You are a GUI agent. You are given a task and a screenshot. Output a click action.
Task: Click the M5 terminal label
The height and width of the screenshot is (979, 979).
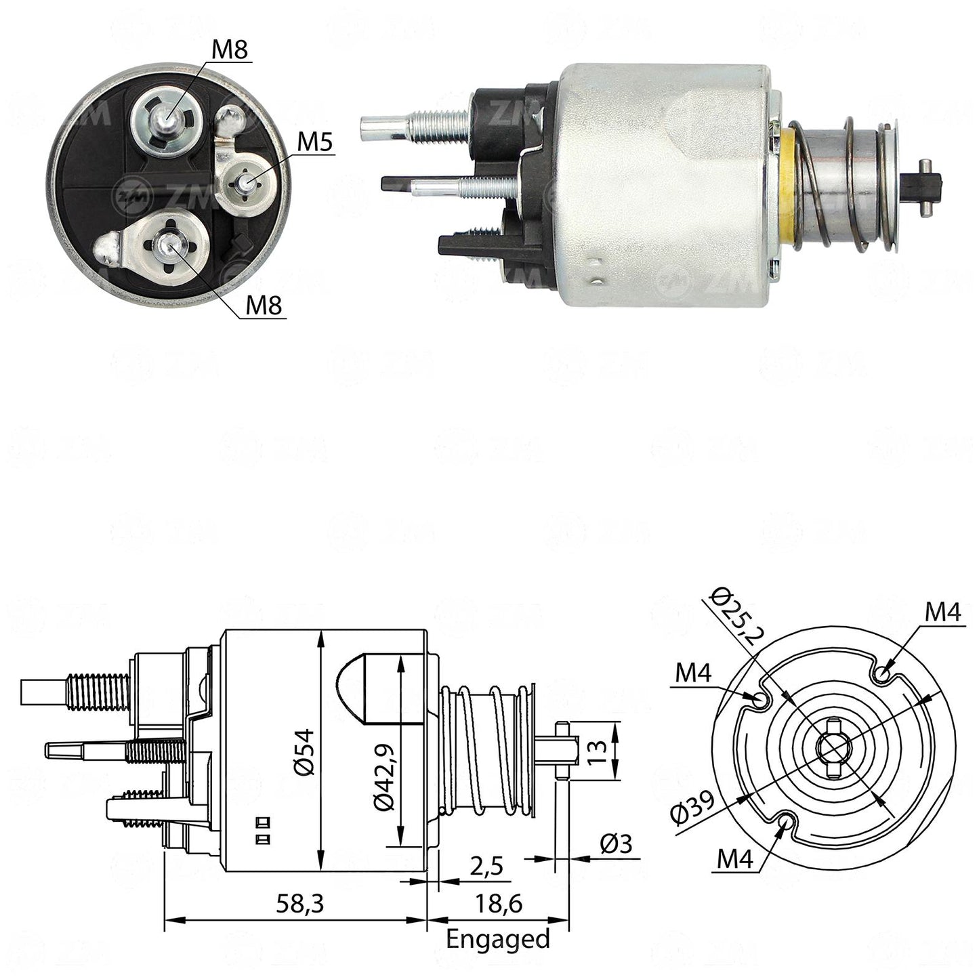[314, 142]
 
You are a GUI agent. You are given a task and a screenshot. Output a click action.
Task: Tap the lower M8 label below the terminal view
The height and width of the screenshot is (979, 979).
[264, 306]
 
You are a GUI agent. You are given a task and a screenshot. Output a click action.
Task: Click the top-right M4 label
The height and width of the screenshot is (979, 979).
[943, 612]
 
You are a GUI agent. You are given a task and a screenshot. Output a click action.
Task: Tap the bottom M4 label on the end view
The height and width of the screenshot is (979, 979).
[735, 859]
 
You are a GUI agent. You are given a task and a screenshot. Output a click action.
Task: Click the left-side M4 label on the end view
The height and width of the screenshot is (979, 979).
[694, 674]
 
